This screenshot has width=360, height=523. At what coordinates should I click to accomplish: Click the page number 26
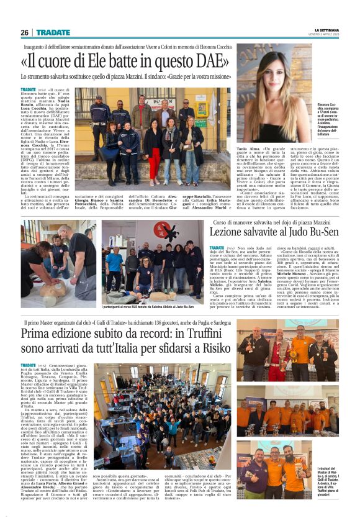click(24, 32)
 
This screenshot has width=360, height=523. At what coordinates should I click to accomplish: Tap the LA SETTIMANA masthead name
click(327, 29)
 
